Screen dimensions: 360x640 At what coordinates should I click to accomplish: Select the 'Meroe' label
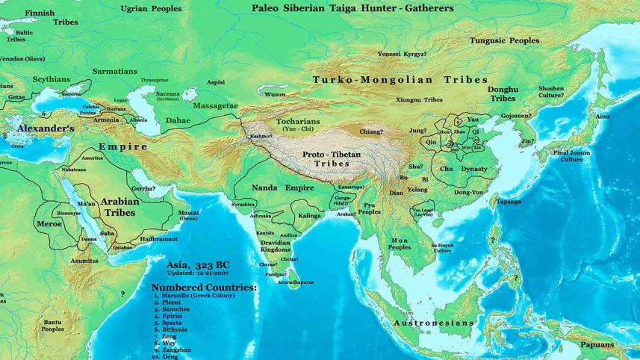coord(49,223)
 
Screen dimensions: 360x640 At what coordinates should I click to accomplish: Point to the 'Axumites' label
coord(84,261)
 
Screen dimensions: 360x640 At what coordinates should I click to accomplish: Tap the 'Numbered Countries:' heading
coord(203,287)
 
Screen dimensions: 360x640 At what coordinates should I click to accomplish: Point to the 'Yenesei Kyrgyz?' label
coord(403,55)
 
